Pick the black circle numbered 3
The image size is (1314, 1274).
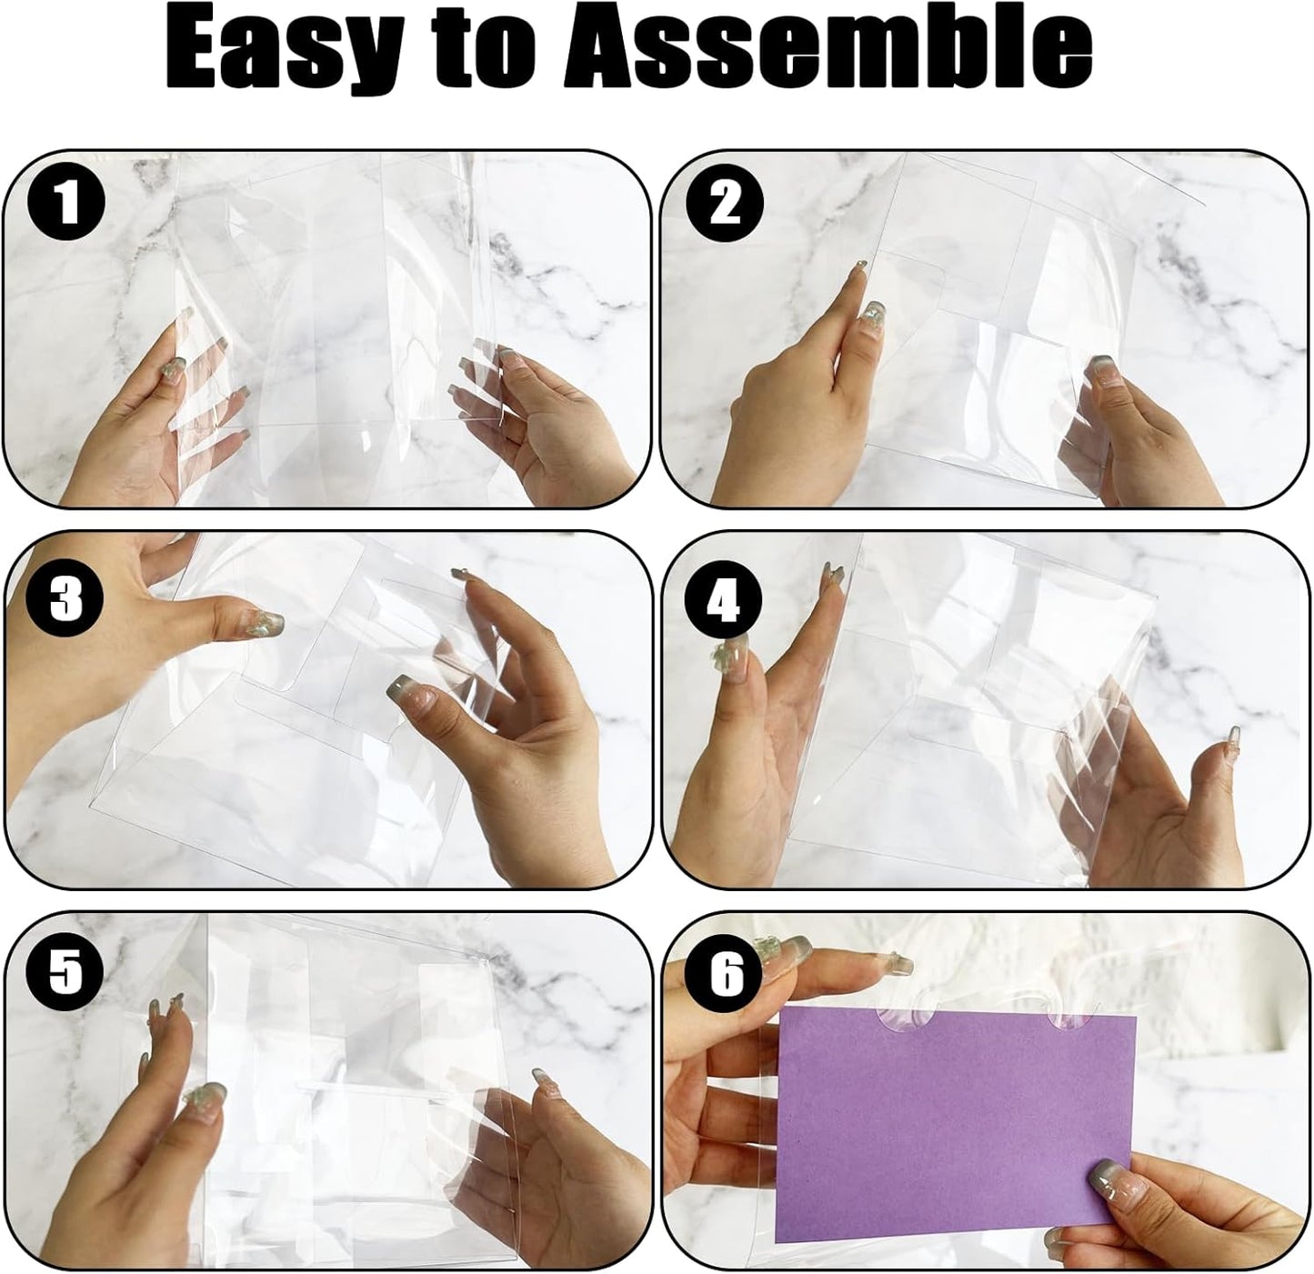66,601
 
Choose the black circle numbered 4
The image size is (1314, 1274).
725,601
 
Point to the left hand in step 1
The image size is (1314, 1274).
155,427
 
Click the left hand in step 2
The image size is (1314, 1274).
791,400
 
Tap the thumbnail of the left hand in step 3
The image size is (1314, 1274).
265,623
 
